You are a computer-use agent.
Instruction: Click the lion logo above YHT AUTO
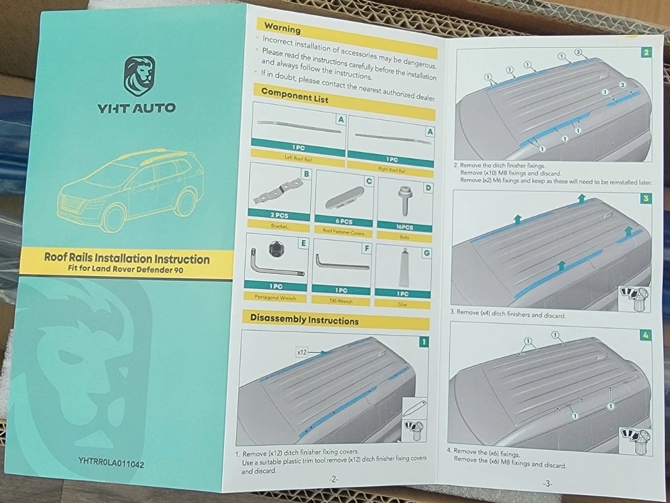140,76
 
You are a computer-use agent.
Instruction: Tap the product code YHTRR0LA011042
111,463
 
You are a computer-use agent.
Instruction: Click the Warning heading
282,28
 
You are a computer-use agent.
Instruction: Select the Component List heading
294,95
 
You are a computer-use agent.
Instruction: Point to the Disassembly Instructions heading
304,319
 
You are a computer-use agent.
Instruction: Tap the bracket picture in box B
278,191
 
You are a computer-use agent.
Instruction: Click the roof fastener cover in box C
344,198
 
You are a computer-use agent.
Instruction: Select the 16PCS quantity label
404,227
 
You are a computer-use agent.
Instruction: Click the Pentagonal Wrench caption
275,297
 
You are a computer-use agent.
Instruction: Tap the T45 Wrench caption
340,301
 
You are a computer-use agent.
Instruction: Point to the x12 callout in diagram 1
302,352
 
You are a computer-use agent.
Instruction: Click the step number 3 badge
646,198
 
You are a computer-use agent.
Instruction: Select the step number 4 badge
645,335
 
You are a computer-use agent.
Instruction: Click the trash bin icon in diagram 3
640,299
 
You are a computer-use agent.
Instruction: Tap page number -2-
334,479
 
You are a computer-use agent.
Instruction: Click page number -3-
547,484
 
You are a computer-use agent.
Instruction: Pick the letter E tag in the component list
304,243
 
